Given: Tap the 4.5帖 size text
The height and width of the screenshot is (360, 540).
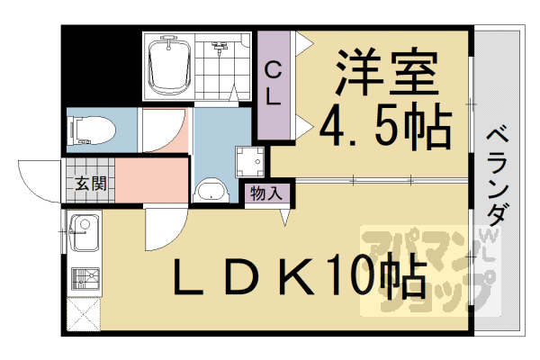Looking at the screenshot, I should click(385, 129).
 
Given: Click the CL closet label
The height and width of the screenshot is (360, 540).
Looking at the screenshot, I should click(274, 83).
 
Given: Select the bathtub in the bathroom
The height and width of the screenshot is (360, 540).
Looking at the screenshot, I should click(169, 66).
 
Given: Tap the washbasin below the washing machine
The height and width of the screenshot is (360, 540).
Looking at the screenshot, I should click(212, 192).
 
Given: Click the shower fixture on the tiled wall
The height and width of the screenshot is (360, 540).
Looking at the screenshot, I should click(219, 45).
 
